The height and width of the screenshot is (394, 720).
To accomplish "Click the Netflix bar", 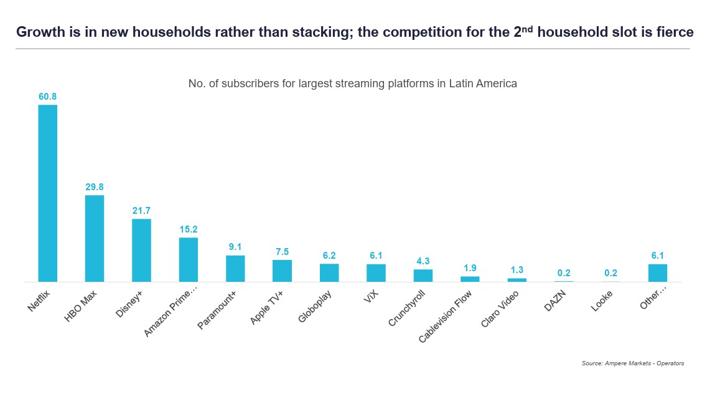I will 48,193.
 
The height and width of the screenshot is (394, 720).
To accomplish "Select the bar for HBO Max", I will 95,239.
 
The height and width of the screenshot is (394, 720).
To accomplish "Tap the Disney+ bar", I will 141,251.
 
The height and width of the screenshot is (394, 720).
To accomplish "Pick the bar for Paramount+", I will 235,269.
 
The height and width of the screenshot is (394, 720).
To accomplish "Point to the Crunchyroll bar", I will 423,276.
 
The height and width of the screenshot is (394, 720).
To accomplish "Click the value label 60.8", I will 48,97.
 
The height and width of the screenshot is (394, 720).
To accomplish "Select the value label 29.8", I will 95,187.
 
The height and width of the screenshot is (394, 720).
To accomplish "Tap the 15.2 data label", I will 189,229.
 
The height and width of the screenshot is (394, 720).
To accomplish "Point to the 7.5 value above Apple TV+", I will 282,252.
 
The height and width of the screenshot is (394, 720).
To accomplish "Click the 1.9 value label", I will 470,268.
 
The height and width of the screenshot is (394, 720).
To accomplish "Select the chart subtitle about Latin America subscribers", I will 352,84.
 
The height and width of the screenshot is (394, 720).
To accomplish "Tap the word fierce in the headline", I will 675,32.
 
